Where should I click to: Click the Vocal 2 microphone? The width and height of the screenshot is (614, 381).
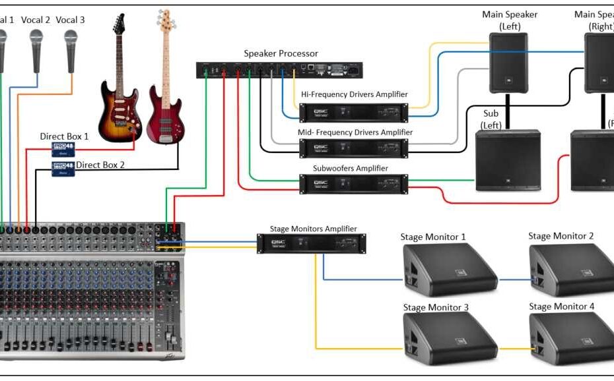(36, 49)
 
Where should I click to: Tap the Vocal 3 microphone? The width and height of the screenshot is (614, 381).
(71, 49)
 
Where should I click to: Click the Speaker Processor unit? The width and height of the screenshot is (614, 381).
(280, 69)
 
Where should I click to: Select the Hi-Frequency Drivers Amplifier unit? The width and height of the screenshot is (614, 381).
(353, 113)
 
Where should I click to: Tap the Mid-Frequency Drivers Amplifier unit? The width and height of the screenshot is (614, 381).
(353, 148)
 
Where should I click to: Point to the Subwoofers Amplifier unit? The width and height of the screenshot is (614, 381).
(353, 184)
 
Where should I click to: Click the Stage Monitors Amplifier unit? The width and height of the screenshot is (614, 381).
(311, 244)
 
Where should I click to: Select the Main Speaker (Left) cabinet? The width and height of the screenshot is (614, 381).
(508, 63)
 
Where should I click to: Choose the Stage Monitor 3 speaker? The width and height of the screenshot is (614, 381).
(448, 337)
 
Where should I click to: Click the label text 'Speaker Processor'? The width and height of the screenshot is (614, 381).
(281, 53)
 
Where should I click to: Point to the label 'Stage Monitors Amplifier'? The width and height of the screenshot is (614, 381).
(313, 229)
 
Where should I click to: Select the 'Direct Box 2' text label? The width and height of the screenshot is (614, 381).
(100, 165)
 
